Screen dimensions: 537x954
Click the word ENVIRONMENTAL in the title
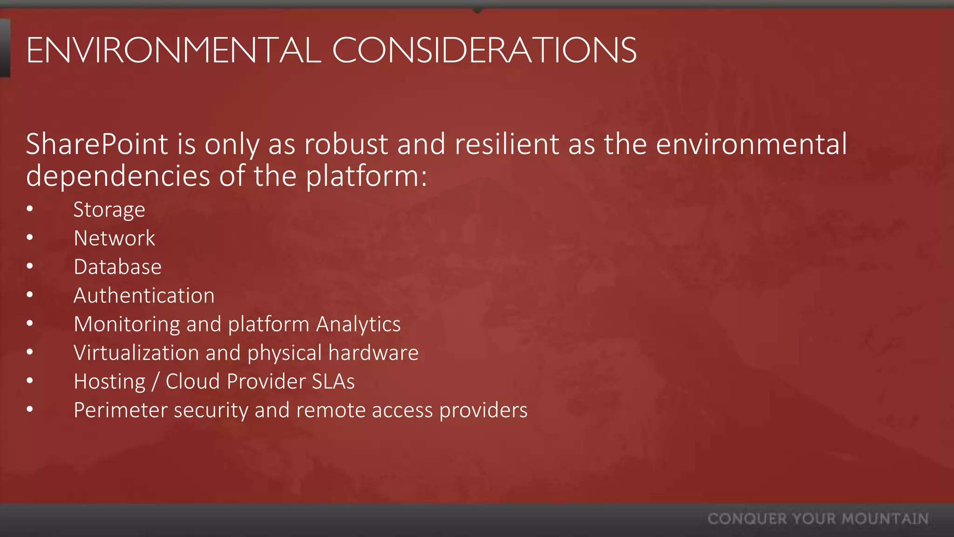(x=173, y=50)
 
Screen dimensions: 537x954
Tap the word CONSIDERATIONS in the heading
(x=484, y=50)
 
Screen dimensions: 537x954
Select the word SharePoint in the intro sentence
(x=97, y=144)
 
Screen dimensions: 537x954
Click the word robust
(x=346, y=144)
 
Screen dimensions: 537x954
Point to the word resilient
(x=507, y=144)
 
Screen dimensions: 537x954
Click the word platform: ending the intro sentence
(x=366, y=177)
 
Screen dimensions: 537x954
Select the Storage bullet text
(x=109, y=210)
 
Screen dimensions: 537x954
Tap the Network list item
(x=115, y=238)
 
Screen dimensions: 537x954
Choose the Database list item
(x=118, y=267)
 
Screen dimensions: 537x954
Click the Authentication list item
(x=144, y=296)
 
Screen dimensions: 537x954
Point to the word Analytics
(x=358, y=324)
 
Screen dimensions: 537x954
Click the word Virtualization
(x=136, y=353)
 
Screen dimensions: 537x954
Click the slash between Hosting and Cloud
(x=155, y=382)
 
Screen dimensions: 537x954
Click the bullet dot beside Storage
(x=30, y=209)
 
